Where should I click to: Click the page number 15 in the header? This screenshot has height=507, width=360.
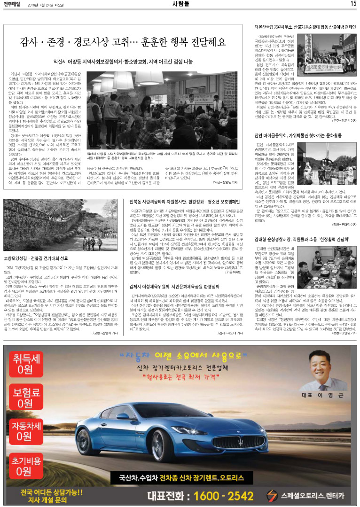click(352, 4)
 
